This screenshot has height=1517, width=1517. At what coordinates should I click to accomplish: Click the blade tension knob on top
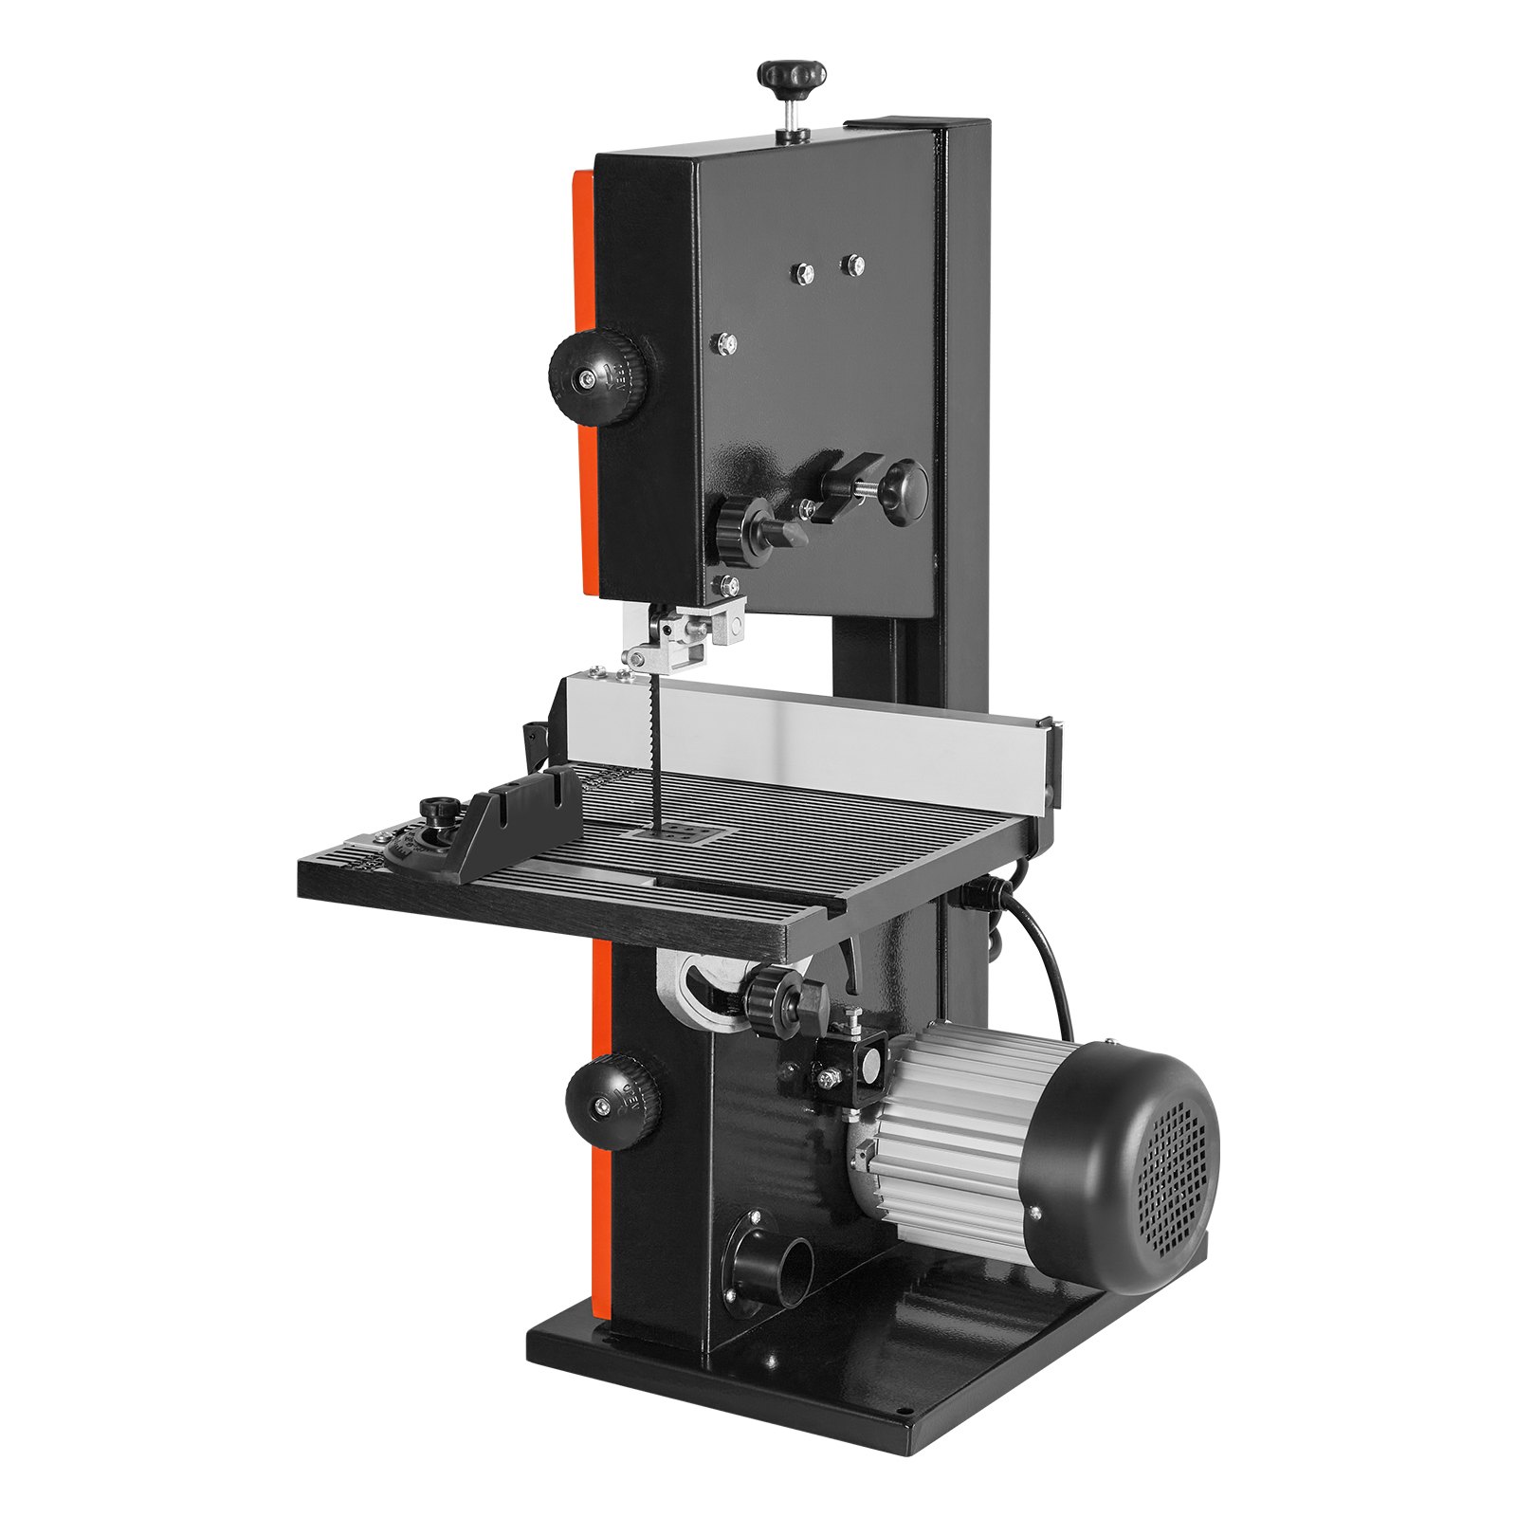pos(793,75)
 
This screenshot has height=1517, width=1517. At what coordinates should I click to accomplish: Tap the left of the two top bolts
pos(803,271)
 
